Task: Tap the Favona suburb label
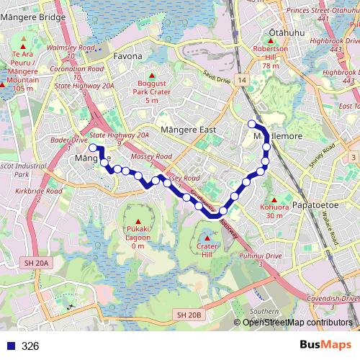coord(127,55)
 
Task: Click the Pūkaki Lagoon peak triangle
coord(138,220)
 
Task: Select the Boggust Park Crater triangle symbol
coord(151,75)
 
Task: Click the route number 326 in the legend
coord(30,346)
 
